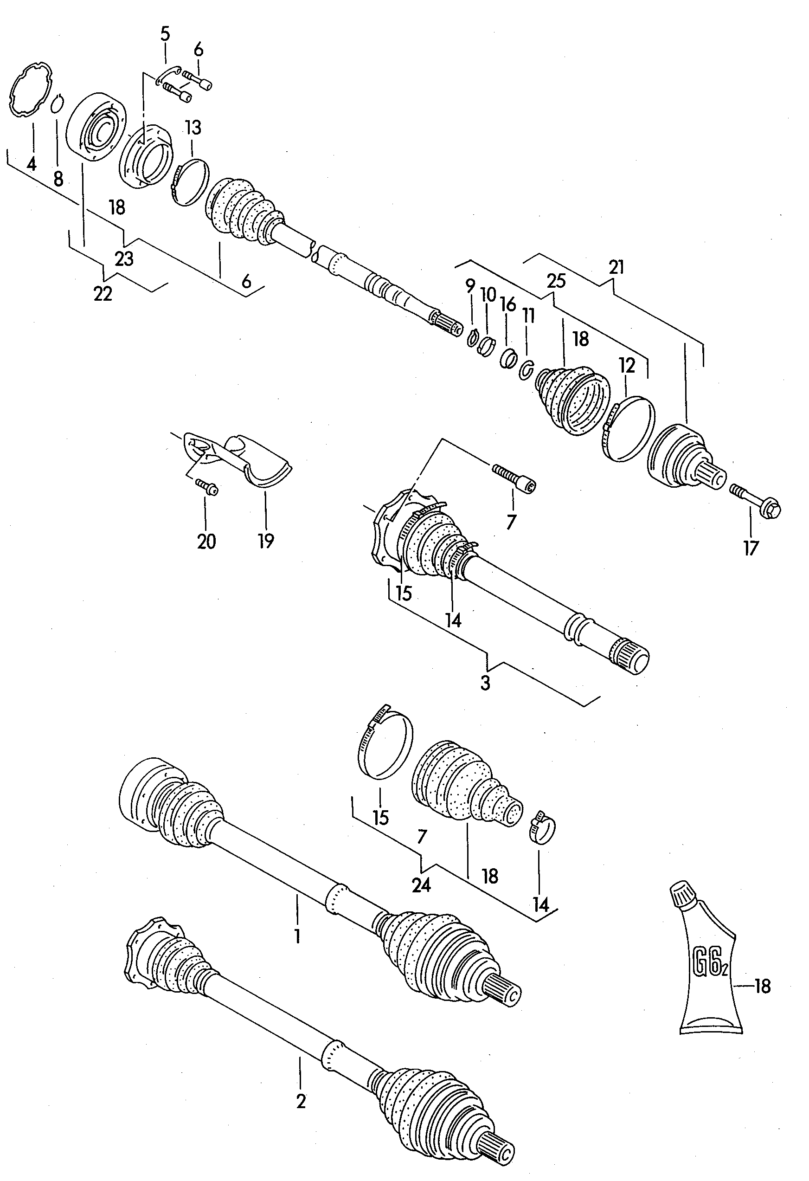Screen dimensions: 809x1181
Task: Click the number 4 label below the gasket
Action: click(x=32, y=164)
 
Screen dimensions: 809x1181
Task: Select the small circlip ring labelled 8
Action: click(x=57, y=103)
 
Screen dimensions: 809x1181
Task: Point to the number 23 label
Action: click(x=124, y=258)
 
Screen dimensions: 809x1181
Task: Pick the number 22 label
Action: click(x=103, y=294)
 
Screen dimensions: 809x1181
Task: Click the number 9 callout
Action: click(x=470, y=286)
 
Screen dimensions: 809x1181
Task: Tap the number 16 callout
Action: click(x=508, y=304)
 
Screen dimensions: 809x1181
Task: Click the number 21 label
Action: click(x=616, y=267)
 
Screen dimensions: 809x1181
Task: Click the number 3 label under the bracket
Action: click(x=485, y=683)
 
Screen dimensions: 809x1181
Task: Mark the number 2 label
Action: click(x=301, y=1102)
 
